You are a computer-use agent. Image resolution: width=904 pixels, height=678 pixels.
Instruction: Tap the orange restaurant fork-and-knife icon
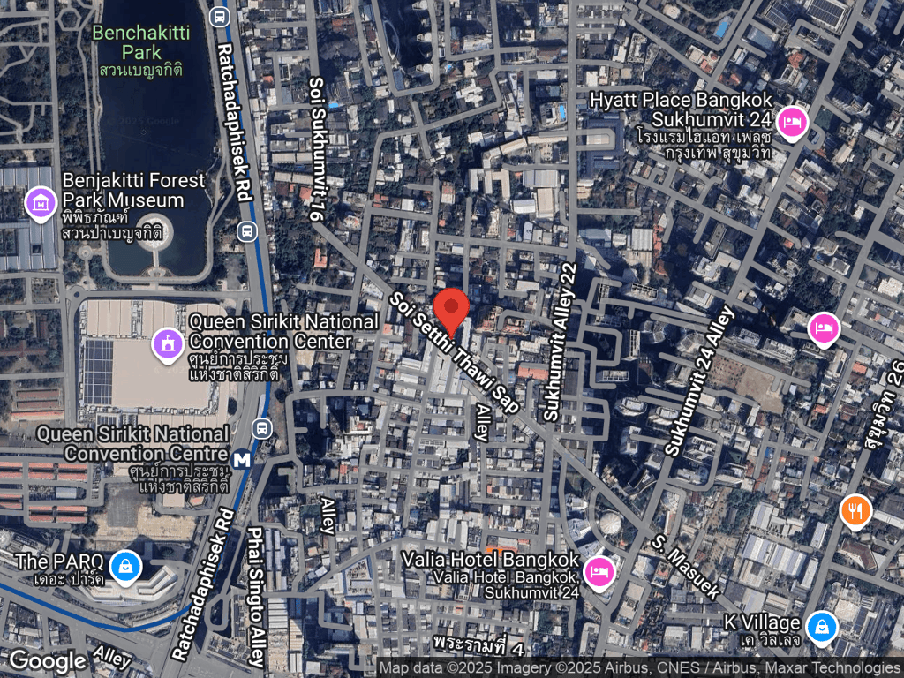click(855, 510)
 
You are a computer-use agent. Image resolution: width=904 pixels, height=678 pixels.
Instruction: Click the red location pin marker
click(454, 312)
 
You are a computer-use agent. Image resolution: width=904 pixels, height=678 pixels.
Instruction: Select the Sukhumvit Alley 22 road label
click(562, 343)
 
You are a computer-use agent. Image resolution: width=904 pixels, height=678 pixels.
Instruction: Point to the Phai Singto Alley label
click(256, 597)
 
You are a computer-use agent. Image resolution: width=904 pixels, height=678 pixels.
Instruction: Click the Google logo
click(47, 660)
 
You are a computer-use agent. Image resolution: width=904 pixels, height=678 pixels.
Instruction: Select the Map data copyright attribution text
click(640, 668)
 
